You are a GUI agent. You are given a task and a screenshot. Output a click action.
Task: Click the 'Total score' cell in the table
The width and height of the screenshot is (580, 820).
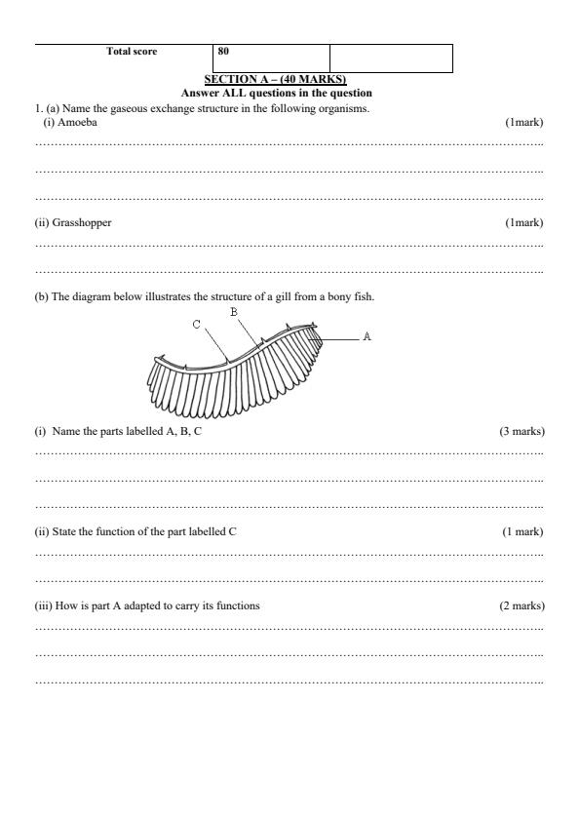click(131, 51)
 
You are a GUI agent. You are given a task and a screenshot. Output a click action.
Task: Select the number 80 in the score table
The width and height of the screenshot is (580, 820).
click(224, 51)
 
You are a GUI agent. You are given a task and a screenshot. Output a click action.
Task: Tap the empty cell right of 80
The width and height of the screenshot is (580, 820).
click(391, 58)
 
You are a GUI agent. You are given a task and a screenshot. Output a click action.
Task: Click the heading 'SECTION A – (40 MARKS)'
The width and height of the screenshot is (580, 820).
click(275, 79)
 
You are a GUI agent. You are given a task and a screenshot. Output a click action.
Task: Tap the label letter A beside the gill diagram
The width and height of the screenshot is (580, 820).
click(367, 336)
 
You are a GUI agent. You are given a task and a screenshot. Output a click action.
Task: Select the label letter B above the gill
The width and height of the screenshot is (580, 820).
click(233, 312)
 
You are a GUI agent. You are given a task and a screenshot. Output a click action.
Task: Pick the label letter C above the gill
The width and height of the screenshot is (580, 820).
click(197, 325)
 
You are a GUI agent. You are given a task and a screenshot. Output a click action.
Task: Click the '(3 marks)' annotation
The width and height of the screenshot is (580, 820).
click(522, 431)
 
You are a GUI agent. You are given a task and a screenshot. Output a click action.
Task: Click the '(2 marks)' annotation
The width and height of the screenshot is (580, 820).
click(522, 605)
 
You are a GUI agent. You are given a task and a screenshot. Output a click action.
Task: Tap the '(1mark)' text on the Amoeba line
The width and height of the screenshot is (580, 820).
click(523, 123)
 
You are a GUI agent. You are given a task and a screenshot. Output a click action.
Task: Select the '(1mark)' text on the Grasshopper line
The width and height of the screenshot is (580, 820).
click(523, 222)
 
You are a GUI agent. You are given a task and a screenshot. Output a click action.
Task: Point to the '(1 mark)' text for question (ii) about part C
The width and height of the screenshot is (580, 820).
click(522, 531)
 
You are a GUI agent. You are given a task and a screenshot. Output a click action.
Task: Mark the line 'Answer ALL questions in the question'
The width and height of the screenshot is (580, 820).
click(276, 93)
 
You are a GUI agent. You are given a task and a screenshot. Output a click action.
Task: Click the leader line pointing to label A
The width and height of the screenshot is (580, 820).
click(338, 337)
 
